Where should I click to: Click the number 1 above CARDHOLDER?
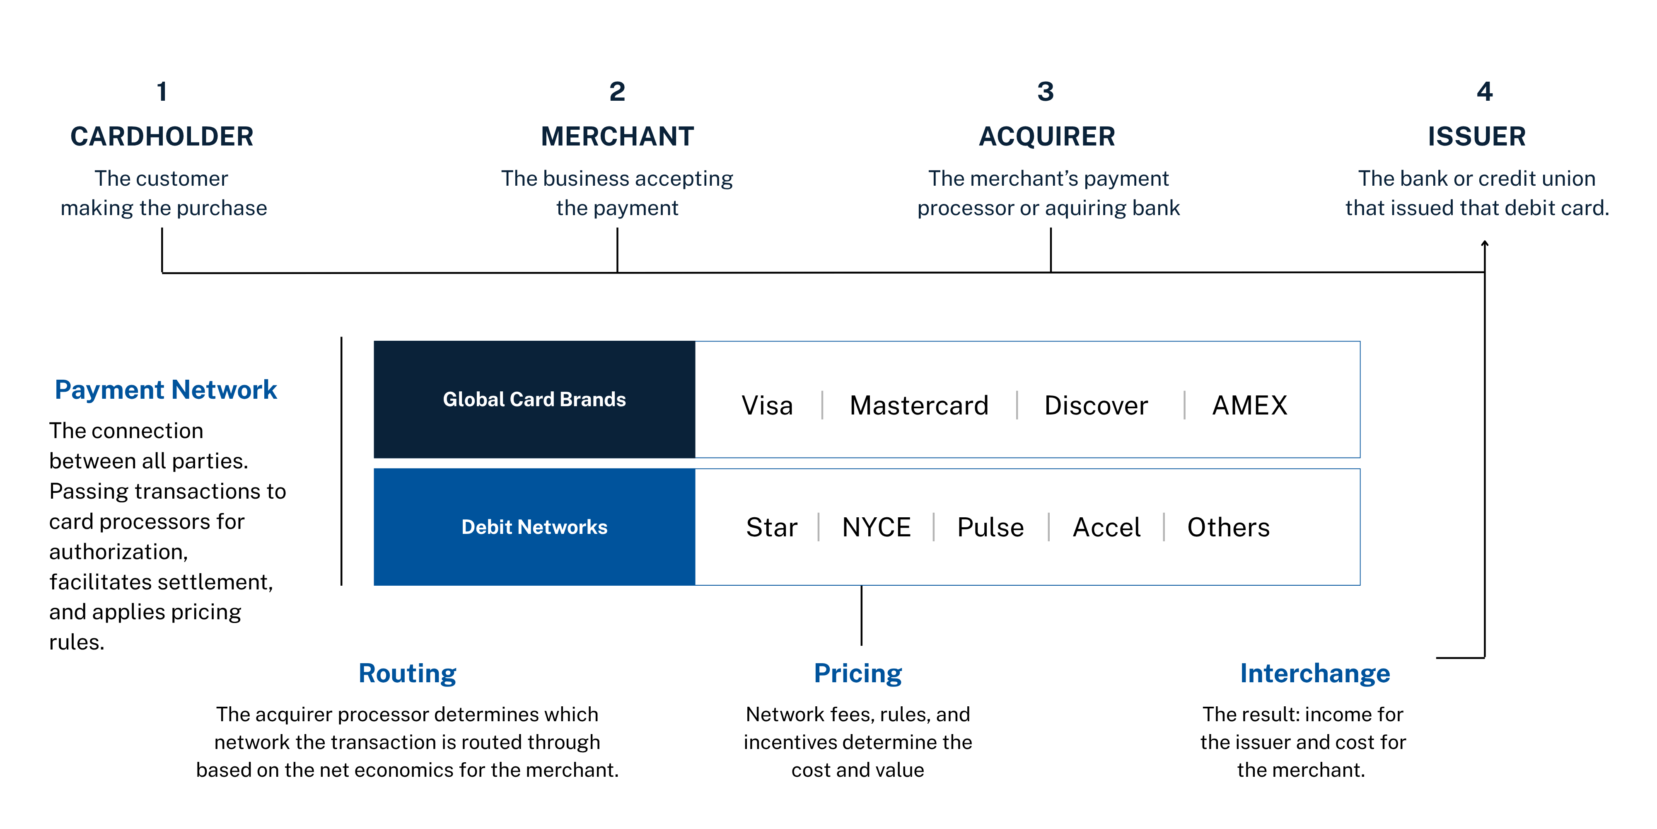pos(162,91)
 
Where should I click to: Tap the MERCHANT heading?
pos(618,136)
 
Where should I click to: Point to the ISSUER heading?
pos(1477,136)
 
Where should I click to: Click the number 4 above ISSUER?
pos(1485,91)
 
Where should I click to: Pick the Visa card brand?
pos(767,405)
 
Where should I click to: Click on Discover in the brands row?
pos(1096,405)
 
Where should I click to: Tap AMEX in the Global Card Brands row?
pos(1250,405)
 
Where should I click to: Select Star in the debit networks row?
pos(772,527)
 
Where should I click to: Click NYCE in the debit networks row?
pos(876,527)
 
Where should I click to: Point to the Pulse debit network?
pos(990,527)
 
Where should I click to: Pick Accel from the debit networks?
pos(1106,527)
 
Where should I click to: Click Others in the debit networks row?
pos(1229,527)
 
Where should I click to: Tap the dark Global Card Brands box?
pos(534,399)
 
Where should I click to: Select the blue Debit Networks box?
pos(534,526)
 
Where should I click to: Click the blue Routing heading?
pos(407,673)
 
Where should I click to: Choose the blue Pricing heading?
pos(858,673)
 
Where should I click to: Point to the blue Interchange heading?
pos(1315,673)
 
